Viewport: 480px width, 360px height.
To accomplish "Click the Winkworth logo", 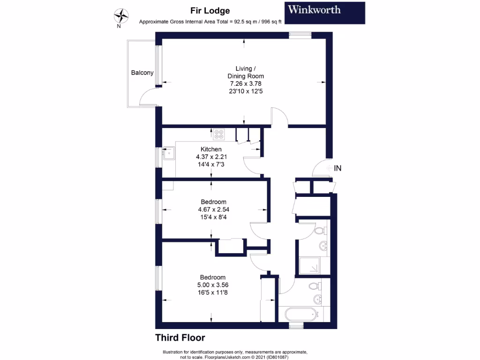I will click(324, 13).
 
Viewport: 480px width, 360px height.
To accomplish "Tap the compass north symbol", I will click(121, 16).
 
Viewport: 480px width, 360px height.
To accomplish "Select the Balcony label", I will click(142, 73).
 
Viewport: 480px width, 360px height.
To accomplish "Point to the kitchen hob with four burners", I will click(219, 135).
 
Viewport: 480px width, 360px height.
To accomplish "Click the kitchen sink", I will click(167, 152).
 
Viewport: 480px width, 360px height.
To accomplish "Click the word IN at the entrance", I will click(337, 168).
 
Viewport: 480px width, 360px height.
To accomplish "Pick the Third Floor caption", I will click(180, 337).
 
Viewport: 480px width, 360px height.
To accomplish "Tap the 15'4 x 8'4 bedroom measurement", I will click(213, 217).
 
